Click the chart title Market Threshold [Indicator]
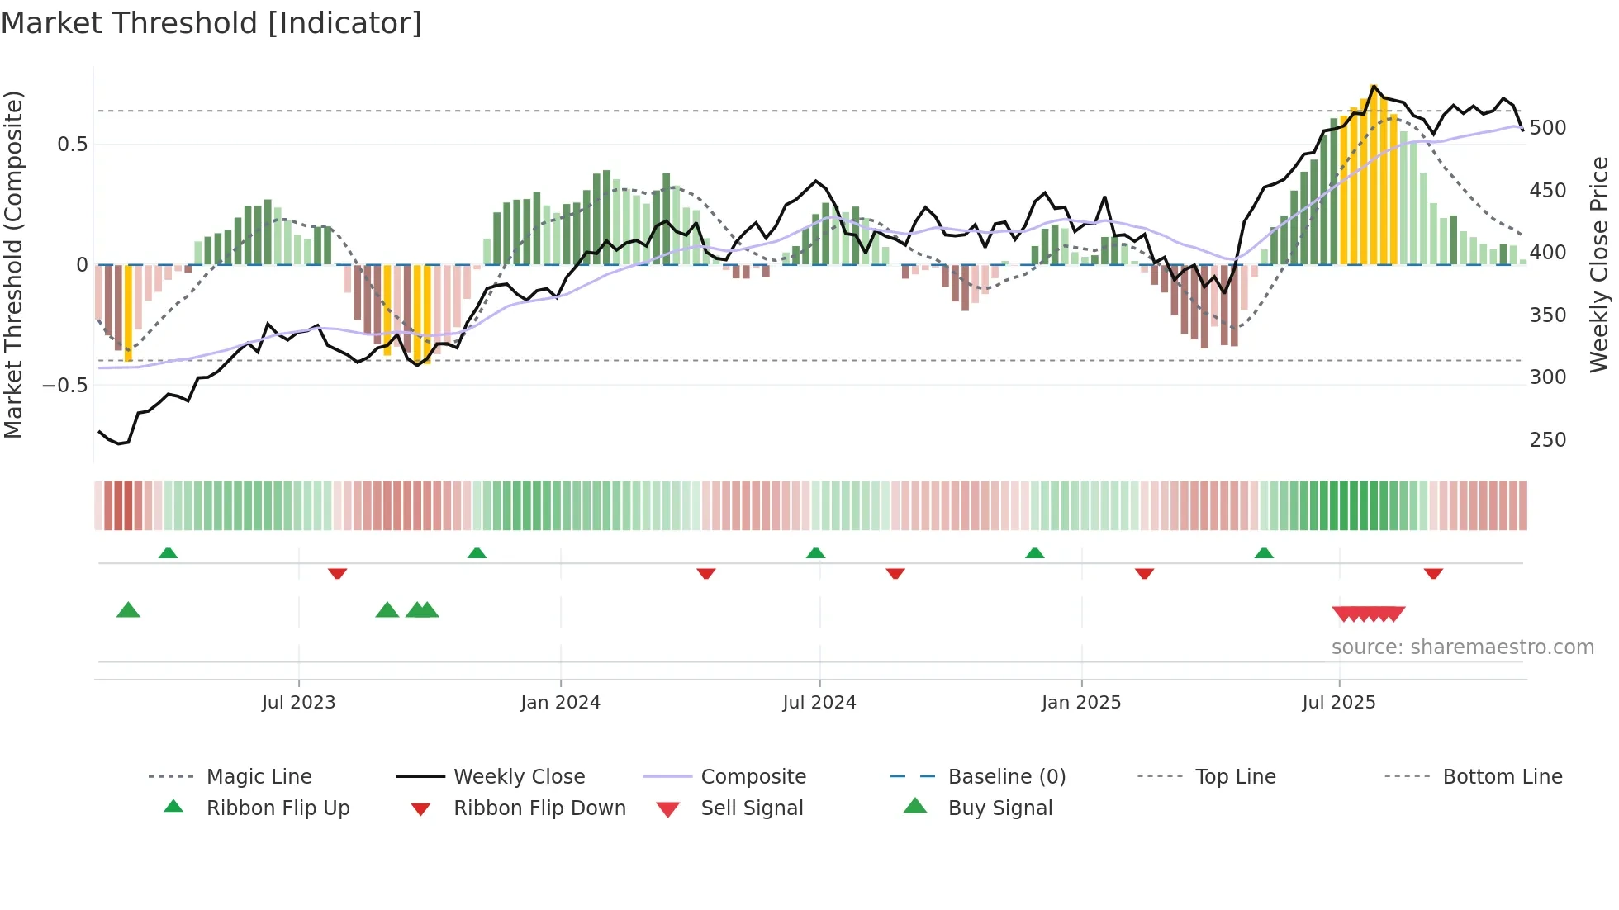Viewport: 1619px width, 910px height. coord(211,23)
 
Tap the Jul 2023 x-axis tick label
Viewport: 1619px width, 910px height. coord(298,703)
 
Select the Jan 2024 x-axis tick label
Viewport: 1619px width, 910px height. coord(560,703)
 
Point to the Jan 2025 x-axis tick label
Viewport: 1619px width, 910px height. coord(1080,703)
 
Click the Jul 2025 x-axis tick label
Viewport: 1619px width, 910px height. coord(1338,703)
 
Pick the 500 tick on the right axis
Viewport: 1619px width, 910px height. coord(1547,128)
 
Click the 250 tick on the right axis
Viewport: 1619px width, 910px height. coord(1547,440)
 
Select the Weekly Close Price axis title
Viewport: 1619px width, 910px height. coord(1599,264)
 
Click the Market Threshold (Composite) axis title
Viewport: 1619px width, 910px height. coord(13,264)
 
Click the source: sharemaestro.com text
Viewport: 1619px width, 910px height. coord(1462,647)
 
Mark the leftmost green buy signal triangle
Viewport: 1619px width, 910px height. coord(128,610)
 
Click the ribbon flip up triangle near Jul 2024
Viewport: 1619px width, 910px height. coord(815,553)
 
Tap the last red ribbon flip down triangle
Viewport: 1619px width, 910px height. coord(1433,573)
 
